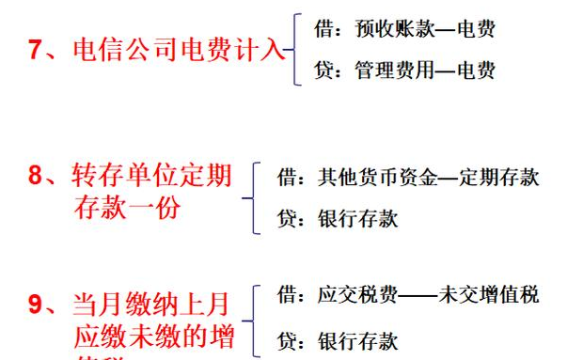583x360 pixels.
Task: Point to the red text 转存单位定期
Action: (x=151, y=176)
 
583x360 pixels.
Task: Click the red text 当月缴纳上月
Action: (x=151, y=305)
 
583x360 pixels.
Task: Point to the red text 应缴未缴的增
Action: (x=151, y=336)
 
